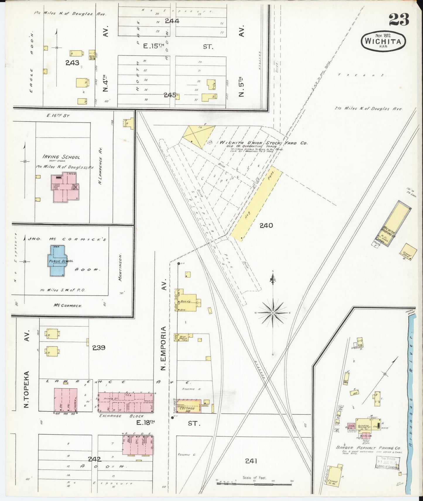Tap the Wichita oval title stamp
point(383,42)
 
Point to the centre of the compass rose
point(273,313)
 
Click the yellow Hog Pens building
point(256,204)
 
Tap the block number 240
point(266,225)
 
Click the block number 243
point(72,63)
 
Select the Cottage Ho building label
point(187,410)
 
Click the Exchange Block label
point(121,416)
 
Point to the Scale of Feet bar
point(254,484)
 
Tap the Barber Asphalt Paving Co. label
point(368,448)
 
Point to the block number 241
point(251,461)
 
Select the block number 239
point(99,348)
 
